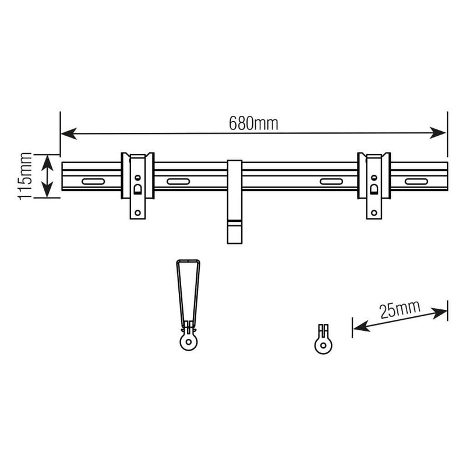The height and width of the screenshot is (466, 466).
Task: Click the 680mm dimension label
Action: (253, 123)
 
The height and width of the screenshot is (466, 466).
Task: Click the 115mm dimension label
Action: (25, 176)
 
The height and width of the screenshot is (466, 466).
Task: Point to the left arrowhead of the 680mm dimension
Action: (68, 133)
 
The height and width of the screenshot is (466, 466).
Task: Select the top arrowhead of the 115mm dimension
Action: (48, 161)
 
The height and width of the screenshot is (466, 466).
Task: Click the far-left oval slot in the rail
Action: (93, 182)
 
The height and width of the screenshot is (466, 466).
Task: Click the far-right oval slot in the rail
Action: (416, 182)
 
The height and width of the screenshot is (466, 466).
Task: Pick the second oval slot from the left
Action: (178, 182)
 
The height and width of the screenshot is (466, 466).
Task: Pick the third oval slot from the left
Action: (331, 182)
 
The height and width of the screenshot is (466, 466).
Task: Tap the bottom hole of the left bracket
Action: (138, 213)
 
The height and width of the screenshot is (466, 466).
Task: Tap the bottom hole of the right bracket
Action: (374, 213)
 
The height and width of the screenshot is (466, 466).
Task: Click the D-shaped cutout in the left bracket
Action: (138, 189)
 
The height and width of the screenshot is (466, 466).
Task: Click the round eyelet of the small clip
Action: (323, 345)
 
